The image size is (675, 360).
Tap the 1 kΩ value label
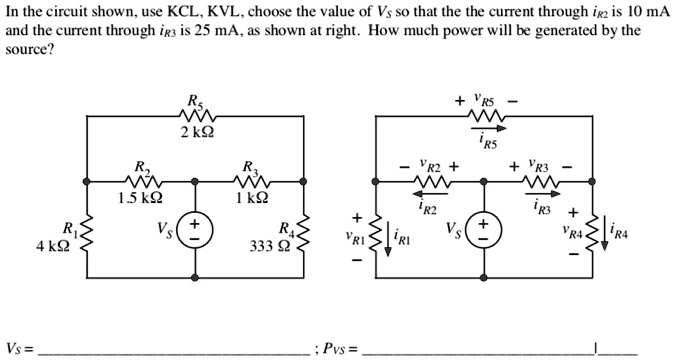tap(255, 197)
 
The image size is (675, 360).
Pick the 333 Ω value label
tap(269, 247)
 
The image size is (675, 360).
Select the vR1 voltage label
tap(356, 240)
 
